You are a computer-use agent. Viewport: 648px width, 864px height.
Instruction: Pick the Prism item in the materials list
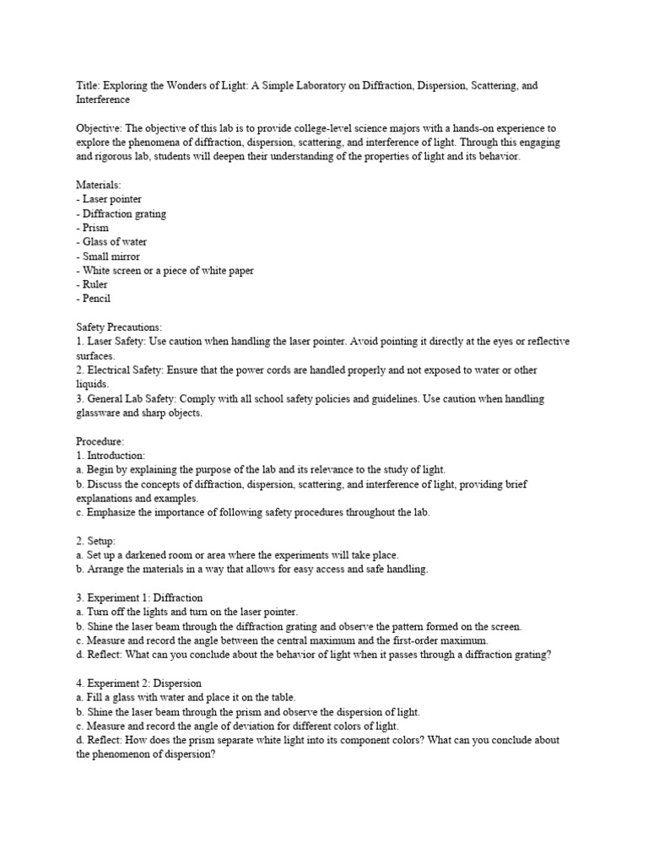(x=95, y=228)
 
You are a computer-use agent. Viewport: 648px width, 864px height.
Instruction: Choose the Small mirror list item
(x=111, y=256)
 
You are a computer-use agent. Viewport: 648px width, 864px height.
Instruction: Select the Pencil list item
(x=96, y=299)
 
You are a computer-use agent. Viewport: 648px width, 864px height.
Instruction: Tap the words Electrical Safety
(x=122, y=370)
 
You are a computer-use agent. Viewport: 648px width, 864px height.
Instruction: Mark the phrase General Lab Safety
(x=127, y=398)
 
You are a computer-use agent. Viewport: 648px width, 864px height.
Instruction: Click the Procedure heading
(x=100, y=441)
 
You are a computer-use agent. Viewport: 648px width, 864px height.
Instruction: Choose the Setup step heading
(x=100, y=540)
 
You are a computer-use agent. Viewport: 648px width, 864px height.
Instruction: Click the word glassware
(x=105, y=413)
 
